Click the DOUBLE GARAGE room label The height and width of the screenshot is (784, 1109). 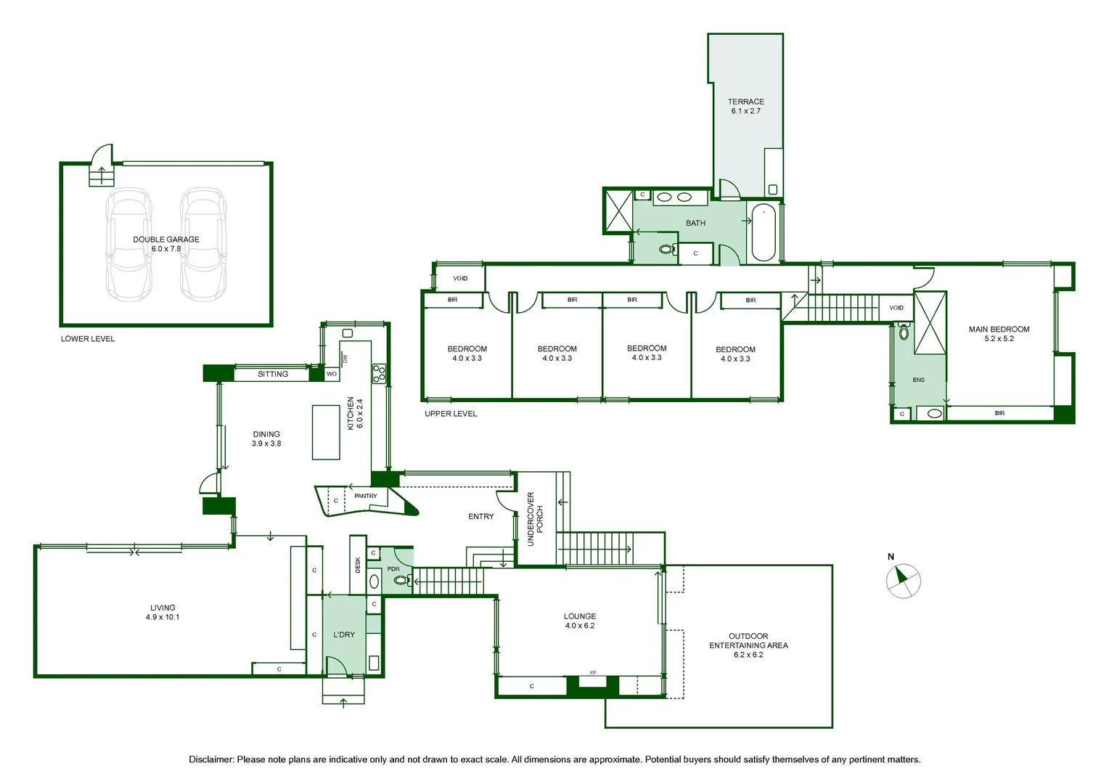point(166,240)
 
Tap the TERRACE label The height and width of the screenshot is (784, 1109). point(745,102)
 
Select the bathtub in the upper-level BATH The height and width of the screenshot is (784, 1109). point(764,232)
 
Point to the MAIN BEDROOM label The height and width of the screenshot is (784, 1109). point(999,330)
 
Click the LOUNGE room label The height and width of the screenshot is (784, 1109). point(579,616)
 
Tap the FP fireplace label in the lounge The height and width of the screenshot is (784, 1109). point(593,672)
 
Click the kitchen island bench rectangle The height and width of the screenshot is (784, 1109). point(326,433)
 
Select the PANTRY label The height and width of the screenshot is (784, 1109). point(365,496)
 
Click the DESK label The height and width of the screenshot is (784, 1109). point(358,565)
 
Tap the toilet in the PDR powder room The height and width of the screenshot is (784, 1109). point(403,579)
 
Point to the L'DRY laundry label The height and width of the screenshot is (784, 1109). point(343,634)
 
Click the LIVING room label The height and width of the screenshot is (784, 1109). point(163,608)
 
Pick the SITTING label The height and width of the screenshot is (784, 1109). point(273,374)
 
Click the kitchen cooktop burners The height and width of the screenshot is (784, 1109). point(380,373)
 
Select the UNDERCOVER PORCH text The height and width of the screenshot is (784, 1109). point(535,518)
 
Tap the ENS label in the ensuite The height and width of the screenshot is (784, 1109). point(918,380)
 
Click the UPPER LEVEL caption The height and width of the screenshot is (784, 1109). point(451,414)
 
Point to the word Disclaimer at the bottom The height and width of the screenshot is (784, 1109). point(210,759)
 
